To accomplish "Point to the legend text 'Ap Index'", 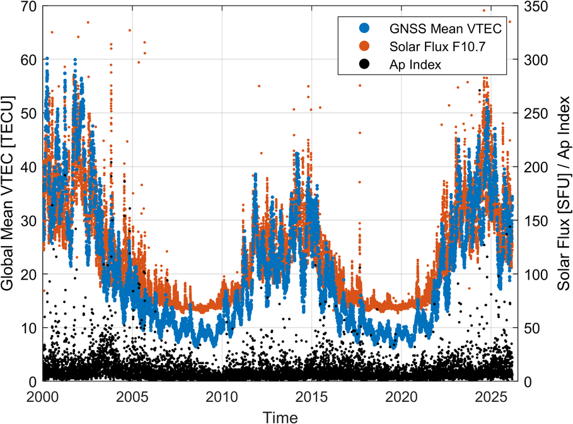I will tap(415, 64).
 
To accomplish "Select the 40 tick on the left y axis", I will tap(28, 167).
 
